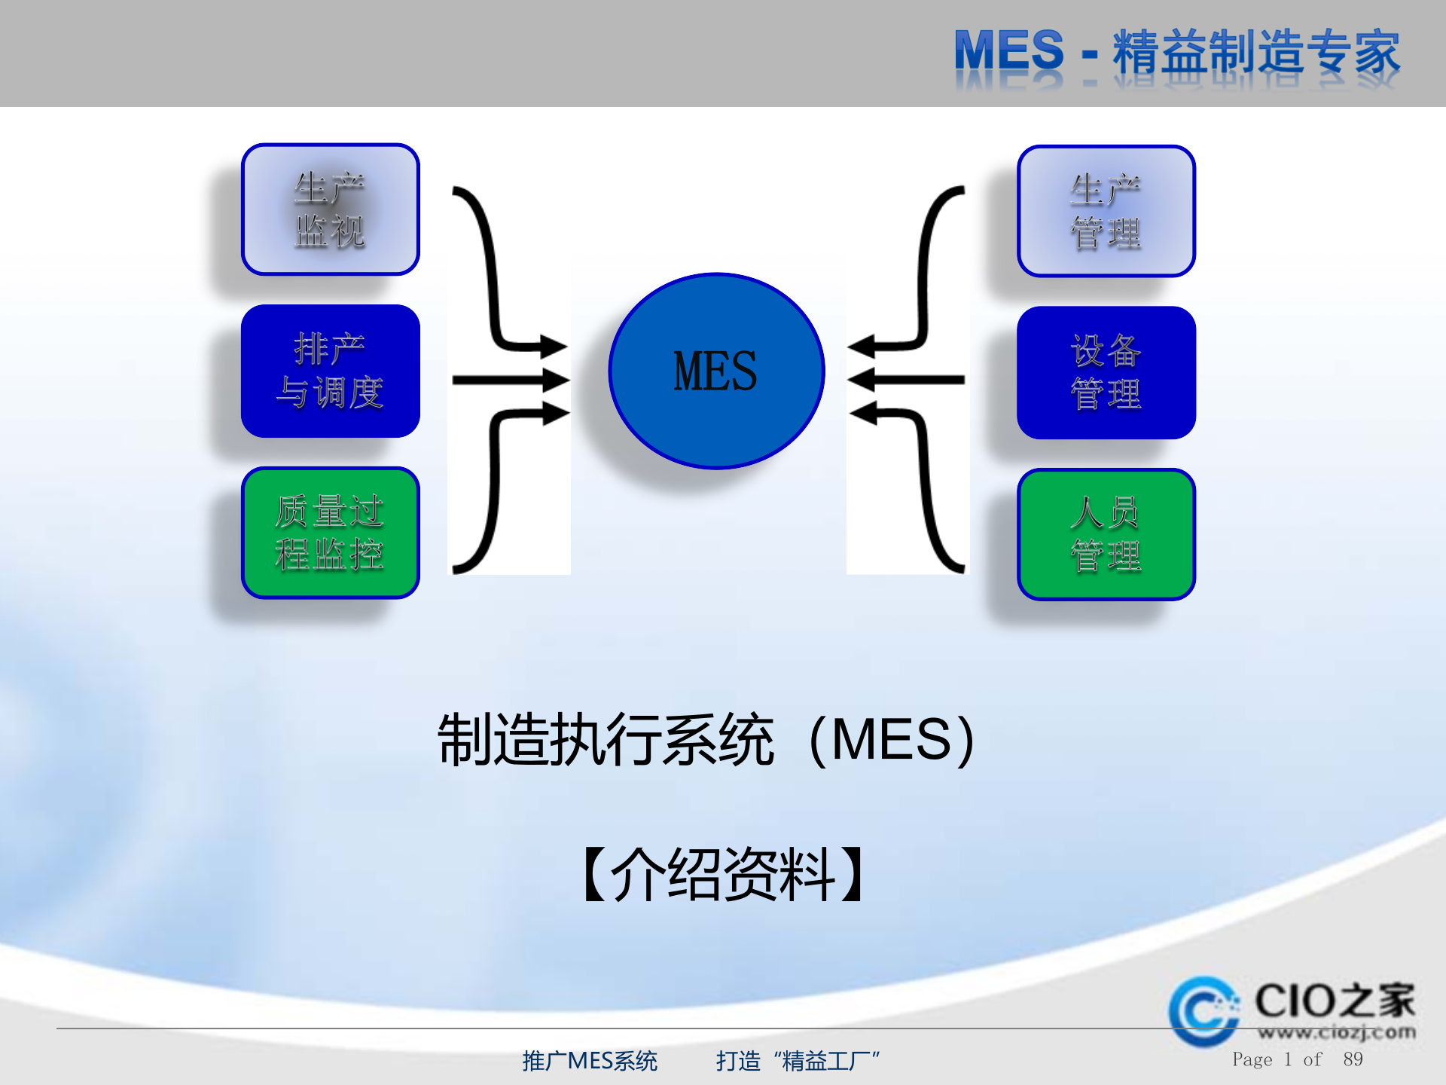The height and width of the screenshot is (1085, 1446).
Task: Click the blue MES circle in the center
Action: tap(716, 371)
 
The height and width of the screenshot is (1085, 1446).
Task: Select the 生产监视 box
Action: tap(331, 209)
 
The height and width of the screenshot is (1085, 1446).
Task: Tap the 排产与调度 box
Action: tap(331, 371)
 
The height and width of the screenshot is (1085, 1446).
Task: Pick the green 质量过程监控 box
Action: tap(331, 533)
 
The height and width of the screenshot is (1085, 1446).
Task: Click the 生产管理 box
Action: tap(1106, 211)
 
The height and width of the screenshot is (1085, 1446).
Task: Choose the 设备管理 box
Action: tap(1106, 372)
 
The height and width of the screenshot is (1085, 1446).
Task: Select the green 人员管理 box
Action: tap(1106, 534)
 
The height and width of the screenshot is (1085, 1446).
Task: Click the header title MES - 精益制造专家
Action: tap(1176, 53)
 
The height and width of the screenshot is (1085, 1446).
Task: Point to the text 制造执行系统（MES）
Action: tap(706, 740)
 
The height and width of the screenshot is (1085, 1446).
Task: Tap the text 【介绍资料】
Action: tap(723, 874)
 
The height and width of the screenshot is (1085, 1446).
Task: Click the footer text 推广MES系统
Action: tap(590, 1061)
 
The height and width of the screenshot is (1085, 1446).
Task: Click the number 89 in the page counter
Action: tap(1353, 1059)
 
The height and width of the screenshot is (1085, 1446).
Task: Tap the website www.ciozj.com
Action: tap(1336, 1032)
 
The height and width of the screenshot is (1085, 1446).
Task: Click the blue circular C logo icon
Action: tap(1203, 1011)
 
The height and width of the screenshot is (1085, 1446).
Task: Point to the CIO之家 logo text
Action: tap(1335, 1001)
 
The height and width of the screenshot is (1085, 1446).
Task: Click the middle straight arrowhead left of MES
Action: tap(554, 380)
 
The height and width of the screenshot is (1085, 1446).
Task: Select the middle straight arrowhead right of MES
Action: tap(863, 380)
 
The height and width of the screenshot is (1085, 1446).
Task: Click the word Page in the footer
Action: tap(1252, 1059)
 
